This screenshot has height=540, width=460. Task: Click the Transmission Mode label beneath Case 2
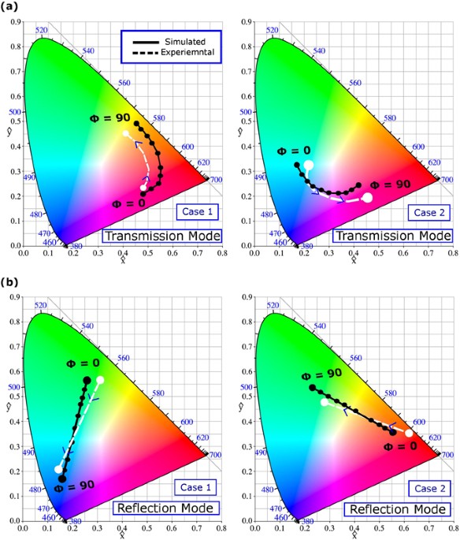[392, 236]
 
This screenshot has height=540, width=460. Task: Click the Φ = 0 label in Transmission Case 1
[127, 203]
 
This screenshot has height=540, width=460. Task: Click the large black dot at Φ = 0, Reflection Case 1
[87, 381]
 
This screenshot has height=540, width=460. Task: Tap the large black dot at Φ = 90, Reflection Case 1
[62, 479]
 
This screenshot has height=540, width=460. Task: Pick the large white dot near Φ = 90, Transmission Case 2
[367, 198]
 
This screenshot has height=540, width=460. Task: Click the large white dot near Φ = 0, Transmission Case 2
[309, 165]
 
